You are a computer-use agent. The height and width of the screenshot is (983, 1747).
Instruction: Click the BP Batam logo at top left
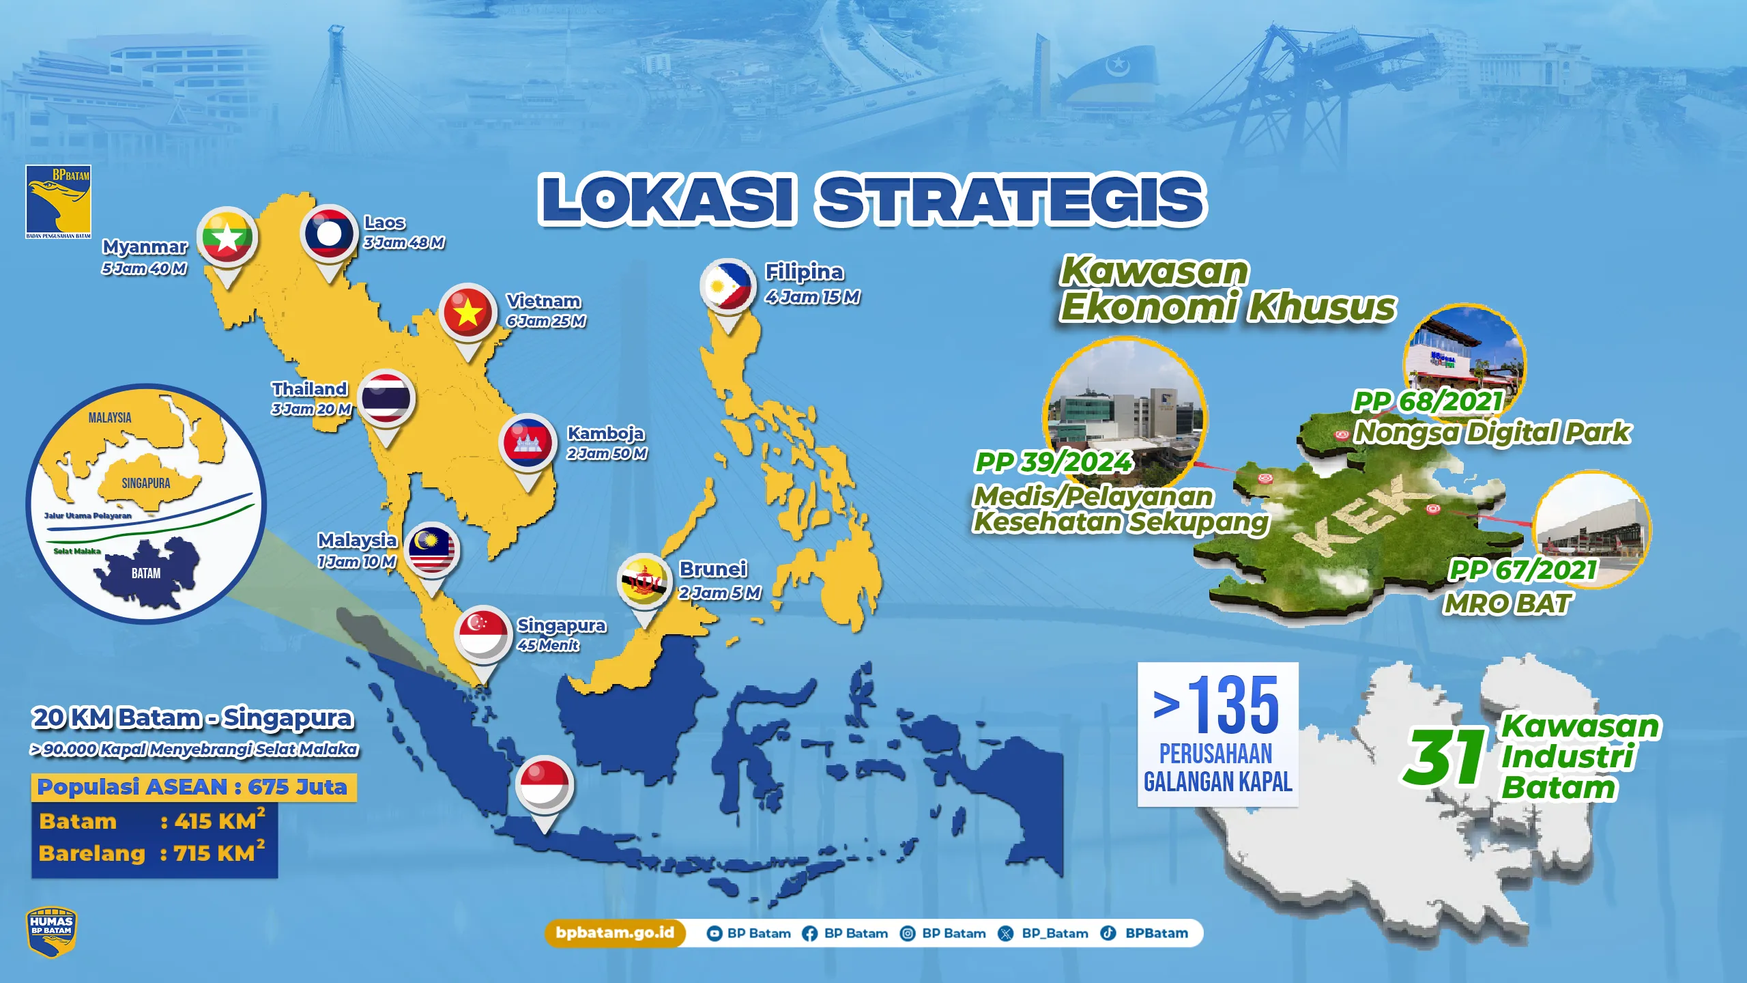[x=58, y=201]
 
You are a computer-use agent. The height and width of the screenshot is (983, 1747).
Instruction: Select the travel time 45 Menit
[x=548, y=645]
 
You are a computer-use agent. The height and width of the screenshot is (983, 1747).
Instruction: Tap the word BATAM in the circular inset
[x=146, y=573]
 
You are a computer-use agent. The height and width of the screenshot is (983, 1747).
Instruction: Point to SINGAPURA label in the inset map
[x=146, y=483]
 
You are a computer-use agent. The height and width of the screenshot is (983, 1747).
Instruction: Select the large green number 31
[x=1444, y=757]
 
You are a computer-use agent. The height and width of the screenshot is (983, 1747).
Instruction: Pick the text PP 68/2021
[x=1428, y=401]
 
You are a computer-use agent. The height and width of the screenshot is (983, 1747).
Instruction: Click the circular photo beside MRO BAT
[x=1591, y=529]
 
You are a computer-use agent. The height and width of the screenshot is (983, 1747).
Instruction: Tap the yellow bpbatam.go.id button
[x=615, y=933]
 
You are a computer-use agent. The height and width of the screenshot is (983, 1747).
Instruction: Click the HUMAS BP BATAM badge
[x=51, y=932]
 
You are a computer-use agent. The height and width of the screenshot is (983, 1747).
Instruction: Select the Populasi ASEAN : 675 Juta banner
[x=193, y=787]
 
